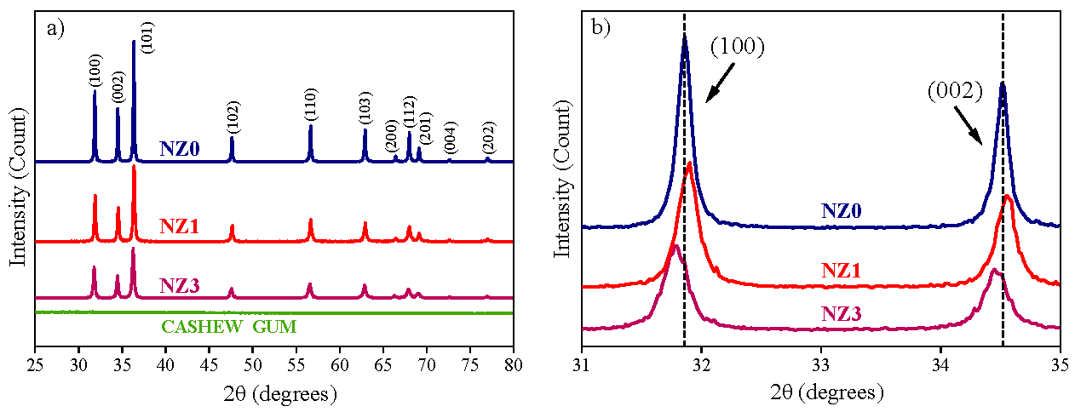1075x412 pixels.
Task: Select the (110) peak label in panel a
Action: (x=310, y=110)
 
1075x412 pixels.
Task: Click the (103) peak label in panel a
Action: (x=365, y=112)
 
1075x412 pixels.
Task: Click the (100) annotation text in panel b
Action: (x=738, y=46)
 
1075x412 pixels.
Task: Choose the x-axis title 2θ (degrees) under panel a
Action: (x=273, y=393)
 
